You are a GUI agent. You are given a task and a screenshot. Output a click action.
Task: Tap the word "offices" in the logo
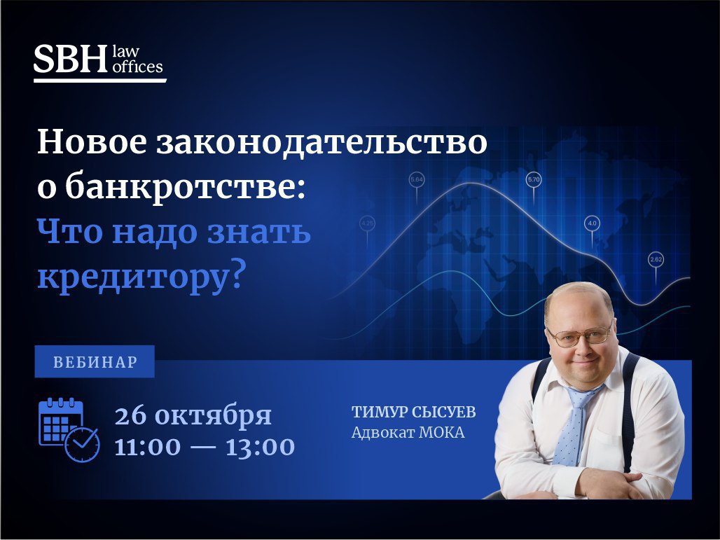point(138,67)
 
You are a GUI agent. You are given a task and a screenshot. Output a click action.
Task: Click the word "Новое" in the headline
point(92,142)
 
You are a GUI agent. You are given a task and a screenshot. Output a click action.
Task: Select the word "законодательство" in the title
point(321,142)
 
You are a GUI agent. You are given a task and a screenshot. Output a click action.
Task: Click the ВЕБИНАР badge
point(95,361)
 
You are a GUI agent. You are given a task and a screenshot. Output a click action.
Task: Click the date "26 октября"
point(193,415)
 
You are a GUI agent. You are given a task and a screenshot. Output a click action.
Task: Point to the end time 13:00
point(260,448)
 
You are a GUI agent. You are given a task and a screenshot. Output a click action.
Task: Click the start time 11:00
point(147,448)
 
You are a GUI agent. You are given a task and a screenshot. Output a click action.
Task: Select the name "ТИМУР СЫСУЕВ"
point(414,412)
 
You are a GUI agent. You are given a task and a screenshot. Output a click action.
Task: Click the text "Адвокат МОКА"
point(408,433)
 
